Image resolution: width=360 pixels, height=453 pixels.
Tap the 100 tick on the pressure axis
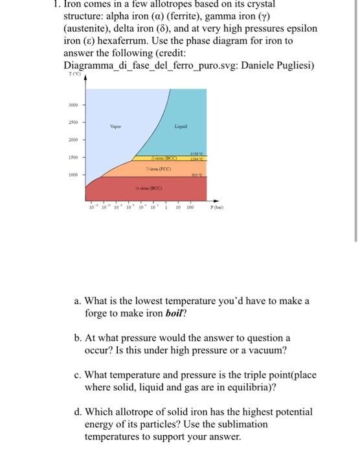(190, 208)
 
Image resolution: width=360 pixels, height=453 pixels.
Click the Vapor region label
(116, 126)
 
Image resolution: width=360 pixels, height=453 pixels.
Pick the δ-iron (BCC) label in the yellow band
(163, 157)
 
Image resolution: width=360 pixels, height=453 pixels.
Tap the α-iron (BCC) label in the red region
(148, 188)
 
